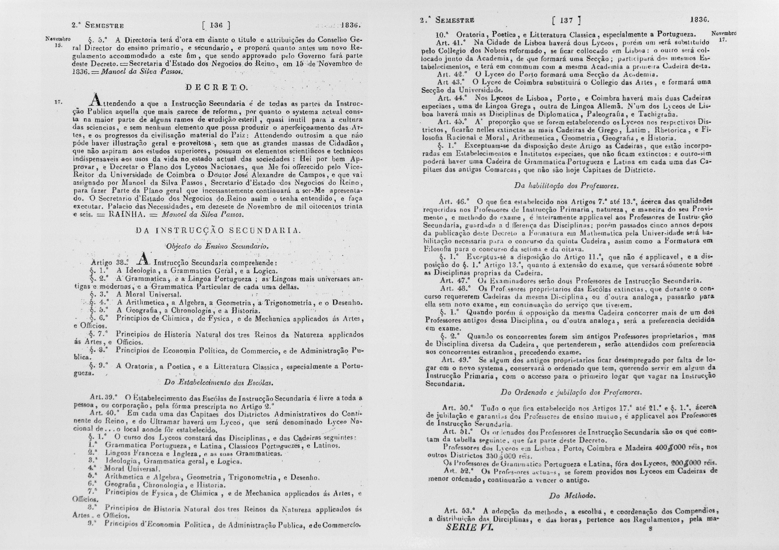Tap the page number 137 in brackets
point(566,21)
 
